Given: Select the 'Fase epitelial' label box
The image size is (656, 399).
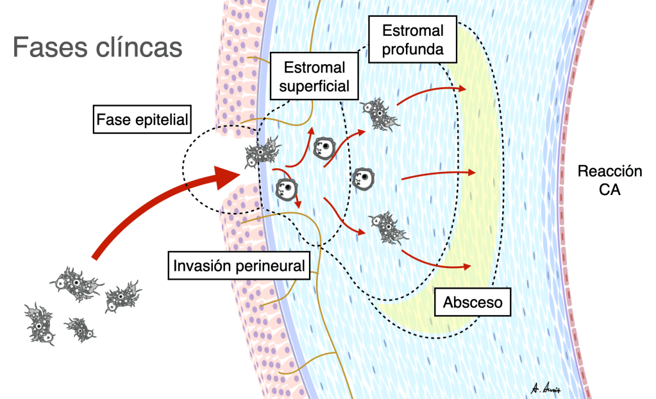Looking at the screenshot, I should (133, 119).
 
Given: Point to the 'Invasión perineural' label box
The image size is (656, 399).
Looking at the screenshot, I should (239, 265).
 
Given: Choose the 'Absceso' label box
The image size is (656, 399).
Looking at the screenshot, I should (473, 301).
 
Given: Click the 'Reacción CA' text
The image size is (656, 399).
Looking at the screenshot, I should (609, 180).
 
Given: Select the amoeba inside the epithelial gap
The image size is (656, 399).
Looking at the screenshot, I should (262, 155).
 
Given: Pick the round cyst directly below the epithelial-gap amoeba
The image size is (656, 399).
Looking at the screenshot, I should (285, 189).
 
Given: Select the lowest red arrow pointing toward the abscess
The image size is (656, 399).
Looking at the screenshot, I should (436, 260).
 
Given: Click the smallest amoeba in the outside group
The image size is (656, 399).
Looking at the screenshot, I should (81, 328).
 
